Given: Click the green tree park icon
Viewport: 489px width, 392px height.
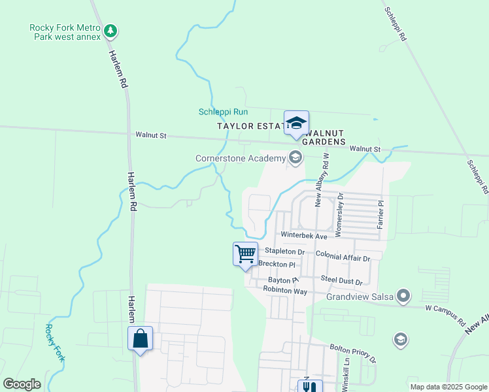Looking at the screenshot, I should click(x=112, y=30).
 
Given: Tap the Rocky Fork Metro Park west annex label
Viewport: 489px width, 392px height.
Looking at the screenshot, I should click(x=64, y=32).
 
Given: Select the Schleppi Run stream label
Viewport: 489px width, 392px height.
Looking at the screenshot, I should click(x=223, y=112).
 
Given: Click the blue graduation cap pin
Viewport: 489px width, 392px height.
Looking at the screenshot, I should click(x=296, y=124).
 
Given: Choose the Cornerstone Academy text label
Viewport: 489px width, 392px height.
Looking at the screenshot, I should click(x=240, y=158).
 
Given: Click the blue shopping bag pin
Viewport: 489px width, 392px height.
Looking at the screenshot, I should click(x=140, y=339).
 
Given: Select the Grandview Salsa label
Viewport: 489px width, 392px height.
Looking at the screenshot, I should click(x=361, y=297).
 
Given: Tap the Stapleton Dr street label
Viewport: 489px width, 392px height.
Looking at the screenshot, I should click(x=284, y=251).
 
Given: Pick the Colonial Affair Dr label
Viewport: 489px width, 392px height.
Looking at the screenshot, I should click(x=343, y=257).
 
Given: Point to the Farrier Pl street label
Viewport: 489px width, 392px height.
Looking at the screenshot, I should click(x=379, y=214).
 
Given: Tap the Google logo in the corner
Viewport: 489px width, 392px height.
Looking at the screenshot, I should click(x=22, y=384).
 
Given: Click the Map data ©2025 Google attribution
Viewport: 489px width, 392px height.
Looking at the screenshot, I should click(x=448, y=387).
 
